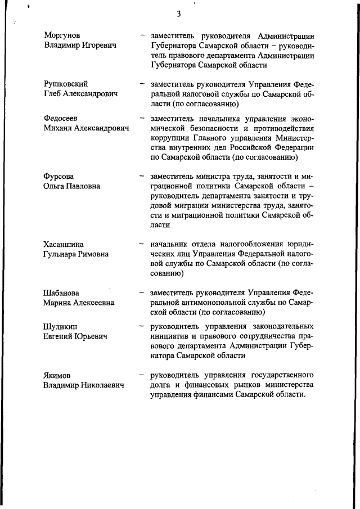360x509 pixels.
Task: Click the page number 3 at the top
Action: [x=178, y=14]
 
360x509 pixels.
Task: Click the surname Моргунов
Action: [x=62, y=35]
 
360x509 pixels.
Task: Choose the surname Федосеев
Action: [x=61, y=118]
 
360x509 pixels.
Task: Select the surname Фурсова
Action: [x=58, y=176]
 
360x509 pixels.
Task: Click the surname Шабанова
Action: [x=61, y=292]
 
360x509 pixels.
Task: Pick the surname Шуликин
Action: [x=60, y=326]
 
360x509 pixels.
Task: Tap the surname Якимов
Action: [x=58, y=375]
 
